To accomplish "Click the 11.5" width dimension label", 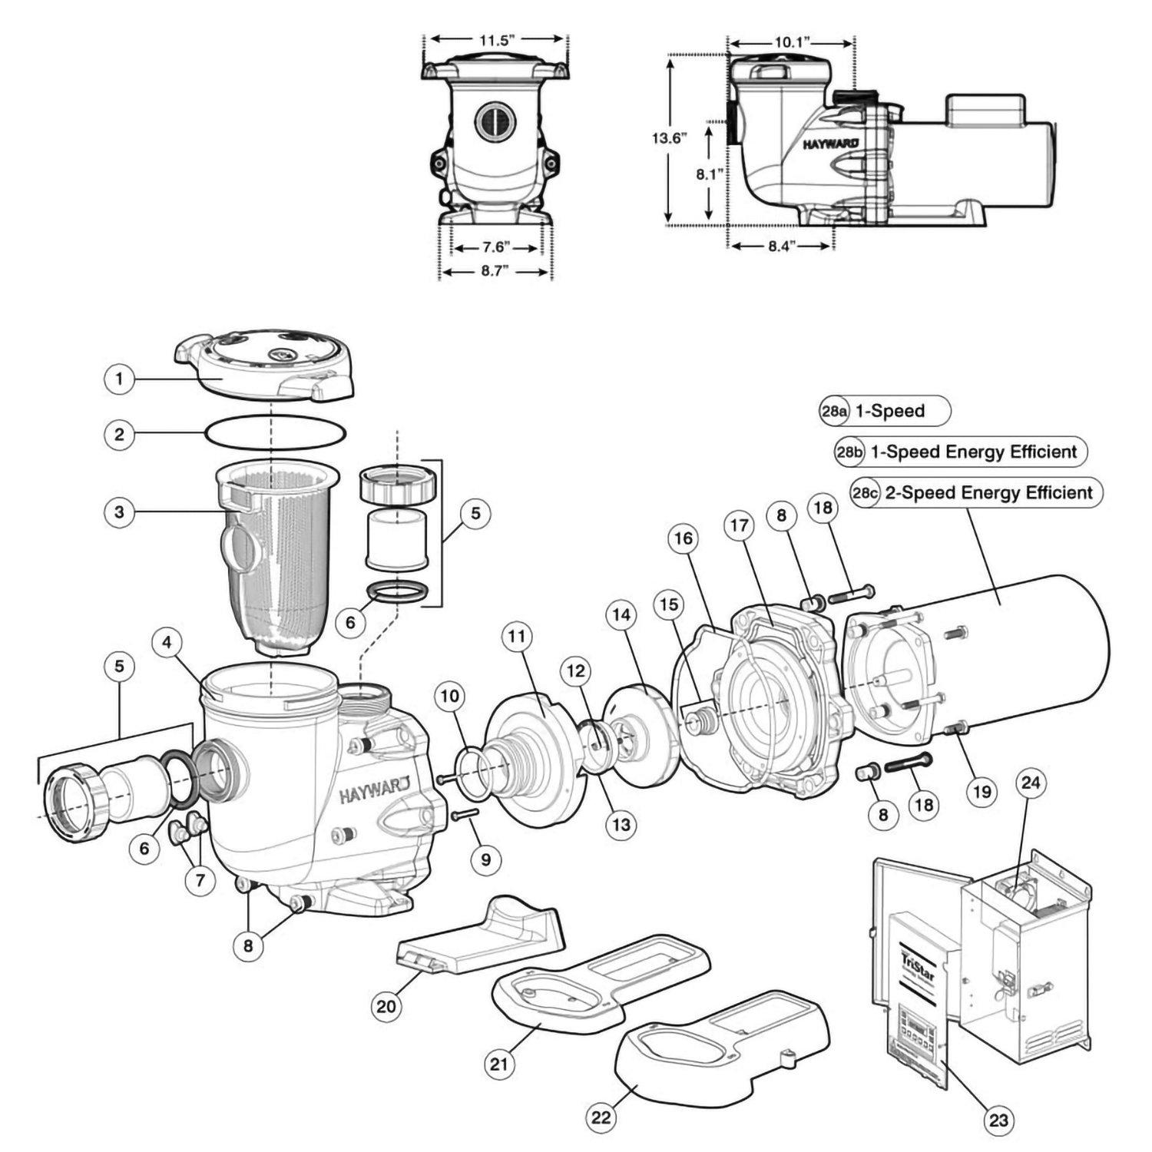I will [x=495, y=40].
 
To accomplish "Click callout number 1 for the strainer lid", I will [x=119, y=379].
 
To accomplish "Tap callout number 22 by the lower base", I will [x=601, y=1117].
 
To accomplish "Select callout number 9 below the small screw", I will [x=485, y=860].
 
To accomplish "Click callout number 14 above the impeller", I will [x=621, y=614].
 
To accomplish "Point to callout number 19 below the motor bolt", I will [x=982, y=791].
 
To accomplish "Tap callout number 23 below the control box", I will [x=998, y=1120].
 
